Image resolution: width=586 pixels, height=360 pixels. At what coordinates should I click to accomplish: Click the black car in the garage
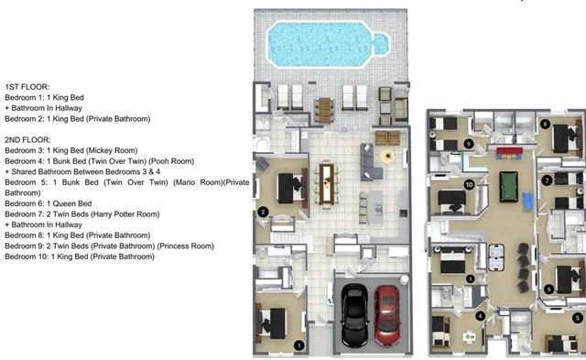click(354, 316)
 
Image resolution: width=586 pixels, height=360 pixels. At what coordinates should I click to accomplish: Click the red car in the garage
click(387, 315)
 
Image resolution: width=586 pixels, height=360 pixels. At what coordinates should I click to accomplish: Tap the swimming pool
click(325, 41)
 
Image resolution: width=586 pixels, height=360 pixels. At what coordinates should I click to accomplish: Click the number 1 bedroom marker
click(298, 344)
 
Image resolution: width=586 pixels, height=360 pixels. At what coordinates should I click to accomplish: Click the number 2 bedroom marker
click(263, 212)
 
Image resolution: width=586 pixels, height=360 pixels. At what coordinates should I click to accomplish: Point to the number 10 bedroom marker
click(469, 184)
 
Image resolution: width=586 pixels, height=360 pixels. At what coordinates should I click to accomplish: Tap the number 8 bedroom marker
click(546, 124)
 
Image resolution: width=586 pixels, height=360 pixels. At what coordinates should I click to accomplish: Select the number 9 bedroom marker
click(468, 143)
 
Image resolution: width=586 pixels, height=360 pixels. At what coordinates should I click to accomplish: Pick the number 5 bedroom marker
click(577, 318)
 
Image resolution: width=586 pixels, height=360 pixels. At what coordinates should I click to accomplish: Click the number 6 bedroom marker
click(548, 289)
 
